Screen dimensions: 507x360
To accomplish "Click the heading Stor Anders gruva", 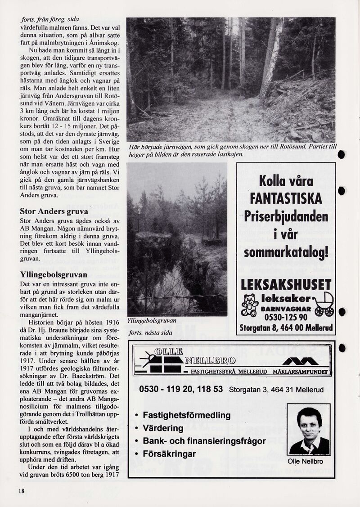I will tap(54, 211).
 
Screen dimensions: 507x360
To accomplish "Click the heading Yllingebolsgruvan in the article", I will tap(53, 274).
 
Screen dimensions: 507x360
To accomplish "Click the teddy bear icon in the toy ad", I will tap(249, 305).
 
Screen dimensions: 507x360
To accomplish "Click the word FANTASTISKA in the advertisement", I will tap(286, 198).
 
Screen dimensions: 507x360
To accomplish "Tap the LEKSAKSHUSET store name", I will tap(286, 285).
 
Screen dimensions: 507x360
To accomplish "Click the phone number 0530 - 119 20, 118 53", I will tap(181, 389).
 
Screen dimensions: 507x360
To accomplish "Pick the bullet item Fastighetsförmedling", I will tap(186, 415).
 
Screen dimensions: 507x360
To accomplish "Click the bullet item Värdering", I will tap(163, 428).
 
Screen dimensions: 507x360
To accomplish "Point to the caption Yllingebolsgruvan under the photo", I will tap(152, 321).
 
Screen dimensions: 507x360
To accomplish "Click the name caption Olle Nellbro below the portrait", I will tap(306, 461).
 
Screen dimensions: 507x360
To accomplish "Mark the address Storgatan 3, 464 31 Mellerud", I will tap(276, 390).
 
